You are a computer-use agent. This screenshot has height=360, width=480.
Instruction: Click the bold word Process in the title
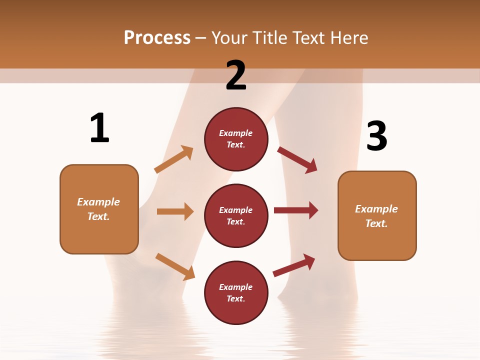click(157, 38)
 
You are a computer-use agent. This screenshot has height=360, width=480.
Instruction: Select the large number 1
click(99, 128)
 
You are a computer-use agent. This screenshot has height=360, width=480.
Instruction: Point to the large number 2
click(236, 75)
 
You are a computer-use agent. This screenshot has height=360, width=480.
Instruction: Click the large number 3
click(377, 136)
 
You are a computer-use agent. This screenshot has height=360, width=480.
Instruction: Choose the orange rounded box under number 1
click(99, 209)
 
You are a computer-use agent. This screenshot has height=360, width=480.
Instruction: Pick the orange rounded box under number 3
click(377, 215)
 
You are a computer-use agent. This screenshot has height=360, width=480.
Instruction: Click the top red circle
click(236, 139)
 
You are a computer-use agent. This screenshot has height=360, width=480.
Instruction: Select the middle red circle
click(236, 215)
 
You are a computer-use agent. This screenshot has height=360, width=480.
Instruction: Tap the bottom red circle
click(236, 292)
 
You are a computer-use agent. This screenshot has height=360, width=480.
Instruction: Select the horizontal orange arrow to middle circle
click(175, 211)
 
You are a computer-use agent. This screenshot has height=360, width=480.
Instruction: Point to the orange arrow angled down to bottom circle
click(175, 266)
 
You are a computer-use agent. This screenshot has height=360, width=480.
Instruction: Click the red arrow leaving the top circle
click(297, 159)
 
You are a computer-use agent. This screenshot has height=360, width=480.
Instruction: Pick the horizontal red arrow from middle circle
click(296, 210)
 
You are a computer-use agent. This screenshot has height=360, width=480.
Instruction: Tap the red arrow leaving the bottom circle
click(294, 265)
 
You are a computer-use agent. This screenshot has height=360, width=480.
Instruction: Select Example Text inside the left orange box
click(98, 209)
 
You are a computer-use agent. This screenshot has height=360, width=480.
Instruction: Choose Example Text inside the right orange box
click(376, 216)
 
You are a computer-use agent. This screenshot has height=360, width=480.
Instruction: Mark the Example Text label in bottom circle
click(236, 293)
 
